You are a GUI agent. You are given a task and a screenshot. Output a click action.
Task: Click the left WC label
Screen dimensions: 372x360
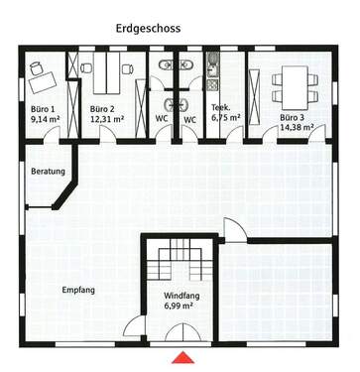(162, 120)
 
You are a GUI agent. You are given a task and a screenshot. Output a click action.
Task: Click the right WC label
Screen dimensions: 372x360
(190, 120)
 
